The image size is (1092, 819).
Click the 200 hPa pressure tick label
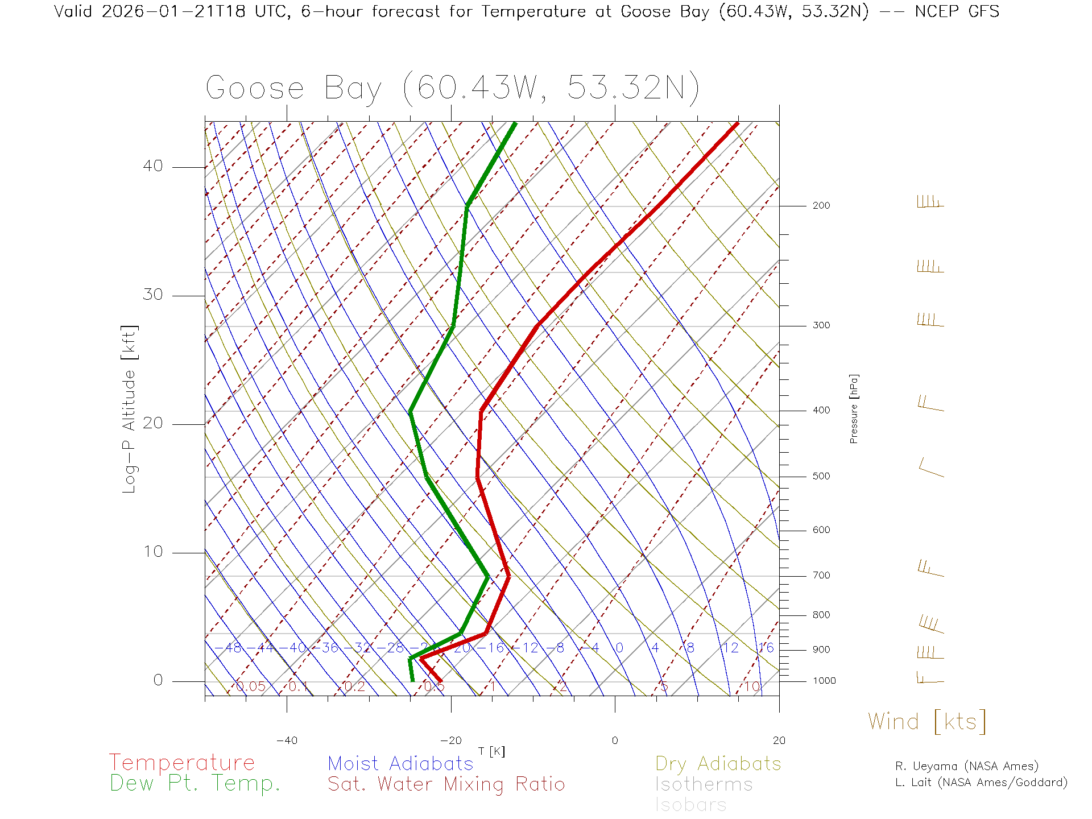click(821, 206)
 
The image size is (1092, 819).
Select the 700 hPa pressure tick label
click(821, 576)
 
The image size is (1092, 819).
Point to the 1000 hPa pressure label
click(824, 681)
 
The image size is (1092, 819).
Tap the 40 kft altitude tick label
click(152, 166)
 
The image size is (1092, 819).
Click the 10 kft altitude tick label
click(152, 552)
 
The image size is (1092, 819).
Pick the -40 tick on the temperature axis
click(287, 741)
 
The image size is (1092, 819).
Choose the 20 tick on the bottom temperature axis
click(779, 741)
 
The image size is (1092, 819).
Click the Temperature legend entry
click(181, 763)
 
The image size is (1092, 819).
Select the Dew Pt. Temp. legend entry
click(195, 784)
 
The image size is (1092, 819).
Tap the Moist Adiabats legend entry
click(400, 763)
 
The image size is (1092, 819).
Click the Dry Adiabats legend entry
click(718, 763)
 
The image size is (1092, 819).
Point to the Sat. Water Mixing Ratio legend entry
click(446, 784)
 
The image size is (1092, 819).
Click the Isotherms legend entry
click(704, 784)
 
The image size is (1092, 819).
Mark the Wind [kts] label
click(926, 722)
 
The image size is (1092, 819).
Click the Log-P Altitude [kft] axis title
click(130, 409)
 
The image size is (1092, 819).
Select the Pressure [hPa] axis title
click(854, 408)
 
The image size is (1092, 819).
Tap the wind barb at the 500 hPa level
click(931, 469)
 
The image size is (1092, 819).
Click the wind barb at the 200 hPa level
click(930, 202)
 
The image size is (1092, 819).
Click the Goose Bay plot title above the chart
click(452, 88)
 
